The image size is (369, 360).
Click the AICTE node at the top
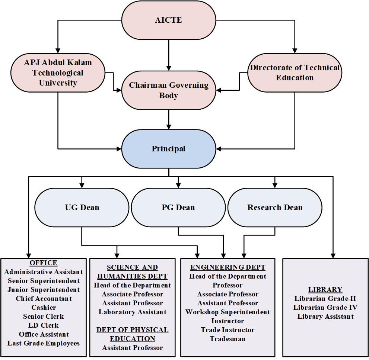click(169, 20)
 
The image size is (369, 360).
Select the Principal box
click(169, 149)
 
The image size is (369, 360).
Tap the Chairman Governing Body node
click(169, 90)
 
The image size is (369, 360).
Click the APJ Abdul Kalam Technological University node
click(58, 73)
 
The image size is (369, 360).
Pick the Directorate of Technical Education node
click(295, 73)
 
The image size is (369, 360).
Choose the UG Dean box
click(82, 207)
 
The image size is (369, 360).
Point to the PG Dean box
click(178, 207)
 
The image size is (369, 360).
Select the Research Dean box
click(275, 207)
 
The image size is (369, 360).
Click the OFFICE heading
click(44, 263)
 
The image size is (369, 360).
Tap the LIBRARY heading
click(325, 290)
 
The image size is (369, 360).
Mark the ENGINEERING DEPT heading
click(228, 267)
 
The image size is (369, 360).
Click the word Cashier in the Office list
click(44, 308)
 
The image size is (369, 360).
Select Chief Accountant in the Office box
click(44, 299)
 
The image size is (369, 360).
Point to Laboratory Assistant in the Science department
click(132, 312)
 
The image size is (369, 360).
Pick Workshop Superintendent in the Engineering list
click(228, 312)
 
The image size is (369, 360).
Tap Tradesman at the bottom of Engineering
click(228, 339)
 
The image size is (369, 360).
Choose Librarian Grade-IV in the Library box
click(325, 308)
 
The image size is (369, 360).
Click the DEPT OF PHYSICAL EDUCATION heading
click(132, 334)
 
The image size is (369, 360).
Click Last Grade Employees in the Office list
click(44, 343)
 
